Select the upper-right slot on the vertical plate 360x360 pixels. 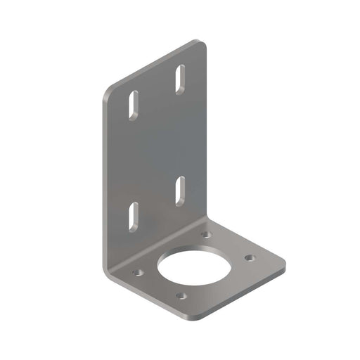coord(180,78)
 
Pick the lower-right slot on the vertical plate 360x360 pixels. coord(180,190)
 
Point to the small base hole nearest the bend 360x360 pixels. coord(205,234)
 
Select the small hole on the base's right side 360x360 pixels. coord(248,258)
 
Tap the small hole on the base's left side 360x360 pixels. coord(138,271)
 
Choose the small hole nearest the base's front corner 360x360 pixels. coord(181,296)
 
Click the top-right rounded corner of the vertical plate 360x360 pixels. coord(202,44)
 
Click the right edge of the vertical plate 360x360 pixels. coord(207,134)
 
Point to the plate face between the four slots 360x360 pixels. coord(156,148)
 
